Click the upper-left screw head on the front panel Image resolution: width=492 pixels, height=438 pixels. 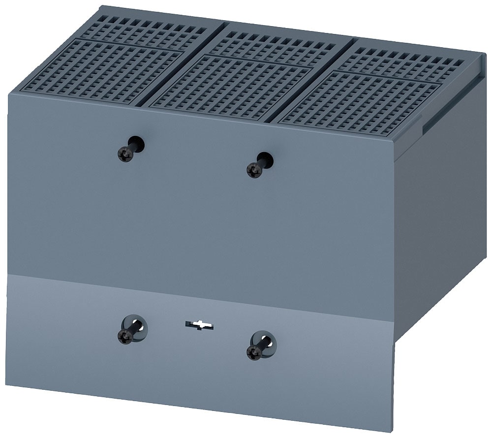tap(124, 155)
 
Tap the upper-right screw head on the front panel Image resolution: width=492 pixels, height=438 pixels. tap(254, 170)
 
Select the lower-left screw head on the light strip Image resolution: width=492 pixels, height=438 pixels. tap(125, 336)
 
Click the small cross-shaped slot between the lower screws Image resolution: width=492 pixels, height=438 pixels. tap(199, 325)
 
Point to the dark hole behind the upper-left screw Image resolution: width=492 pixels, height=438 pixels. tap(137, 144)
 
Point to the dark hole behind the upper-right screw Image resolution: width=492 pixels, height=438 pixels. tap(266, 159)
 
